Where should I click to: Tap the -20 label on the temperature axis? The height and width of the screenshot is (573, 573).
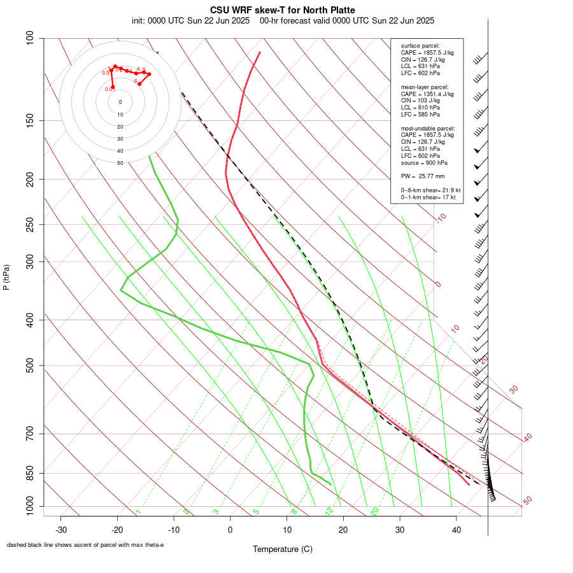[117, 530]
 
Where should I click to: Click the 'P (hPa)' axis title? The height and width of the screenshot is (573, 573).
[6, 277]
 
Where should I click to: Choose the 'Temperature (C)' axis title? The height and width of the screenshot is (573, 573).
[282, 549]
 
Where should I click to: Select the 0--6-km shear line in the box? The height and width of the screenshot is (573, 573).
[430, 190]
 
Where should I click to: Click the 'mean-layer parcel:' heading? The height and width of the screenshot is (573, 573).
[425, 87]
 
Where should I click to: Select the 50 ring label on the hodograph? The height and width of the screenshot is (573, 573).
[120, 163]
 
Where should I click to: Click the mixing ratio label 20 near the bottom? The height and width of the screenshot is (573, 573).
[374, 511]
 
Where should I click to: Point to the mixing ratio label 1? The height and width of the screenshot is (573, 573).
[138, 512]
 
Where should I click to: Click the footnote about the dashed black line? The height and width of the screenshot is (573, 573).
[85, 545]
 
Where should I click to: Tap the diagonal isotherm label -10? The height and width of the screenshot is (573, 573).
[441, 218]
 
